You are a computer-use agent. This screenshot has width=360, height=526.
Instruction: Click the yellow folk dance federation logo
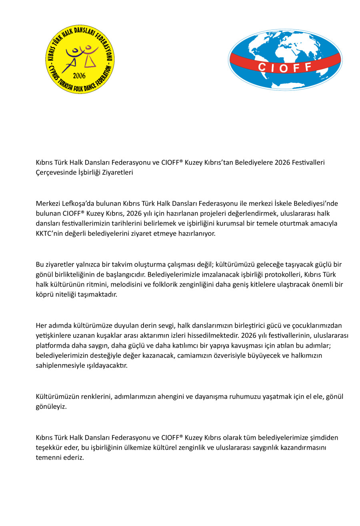tap(80, 59)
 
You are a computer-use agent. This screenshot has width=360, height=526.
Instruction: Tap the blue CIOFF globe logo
tap(285, 59)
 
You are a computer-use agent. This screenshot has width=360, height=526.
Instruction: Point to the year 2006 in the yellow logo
tap(79, 76)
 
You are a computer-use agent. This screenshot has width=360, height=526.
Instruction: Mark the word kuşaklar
tap(106, 335)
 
